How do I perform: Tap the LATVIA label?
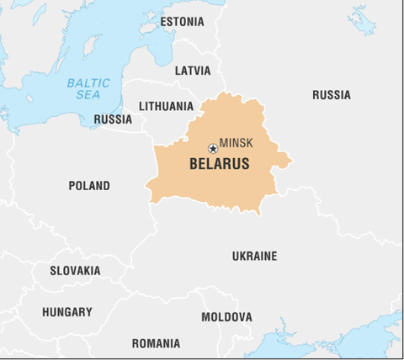192,71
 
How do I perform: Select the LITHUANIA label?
166,106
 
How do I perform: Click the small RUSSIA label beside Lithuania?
113,119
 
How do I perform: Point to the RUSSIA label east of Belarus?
331,95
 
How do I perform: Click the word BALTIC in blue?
88,82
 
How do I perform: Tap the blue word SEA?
88,96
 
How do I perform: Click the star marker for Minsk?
213,149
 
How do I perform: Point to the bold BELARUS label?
219,164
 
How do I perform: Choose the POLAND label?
88,186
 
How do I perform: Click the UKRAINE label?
254,256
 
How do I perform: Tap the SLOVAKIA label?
75,271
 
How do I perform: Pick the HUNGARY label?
67,312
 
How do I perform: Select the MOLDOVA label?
226,317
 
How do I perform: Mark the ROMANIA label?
156,343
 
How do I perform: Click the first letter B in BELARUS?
194,164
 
